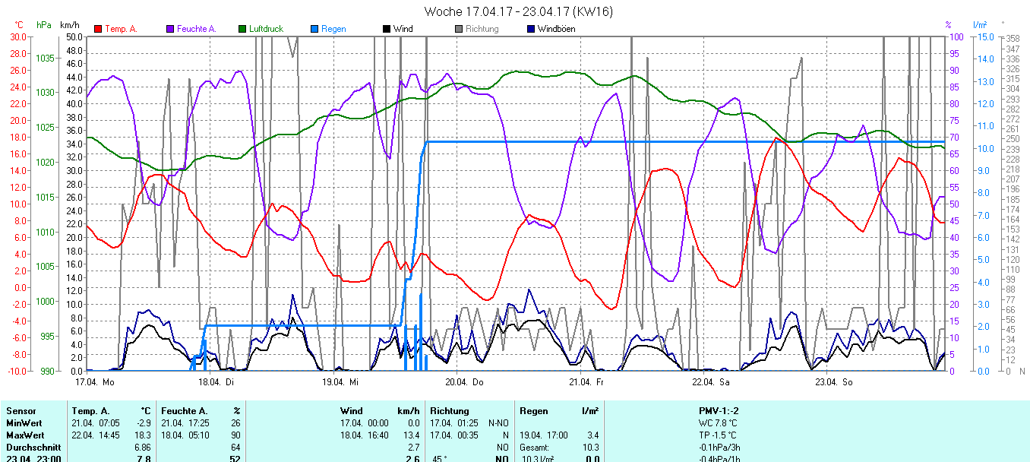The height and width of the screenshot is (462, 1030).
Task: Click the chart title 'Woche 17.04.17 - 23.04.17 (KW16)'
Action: [x=518, y=11]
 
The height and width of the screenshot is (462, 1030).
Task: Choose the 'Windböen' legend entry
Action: [x=555, y=29]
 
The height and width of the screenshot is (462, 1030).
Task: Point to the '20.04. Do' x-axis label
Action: [x=464, y=381]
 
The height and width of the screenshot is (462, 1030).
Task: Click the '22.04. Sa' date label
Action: [x=710, y=381]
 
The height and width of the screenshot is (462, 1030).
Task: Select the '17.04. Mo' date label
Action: [x=95, y=381]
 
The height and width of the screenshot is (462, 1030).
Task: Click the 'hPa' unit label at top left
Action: [x=44, y=25]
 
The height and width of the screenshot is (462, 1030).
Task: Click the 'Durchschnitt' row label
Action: [x=30, y=447]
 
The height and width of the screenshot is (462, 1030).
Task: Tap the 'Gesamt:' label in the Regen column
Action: [x=535, y=447]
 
